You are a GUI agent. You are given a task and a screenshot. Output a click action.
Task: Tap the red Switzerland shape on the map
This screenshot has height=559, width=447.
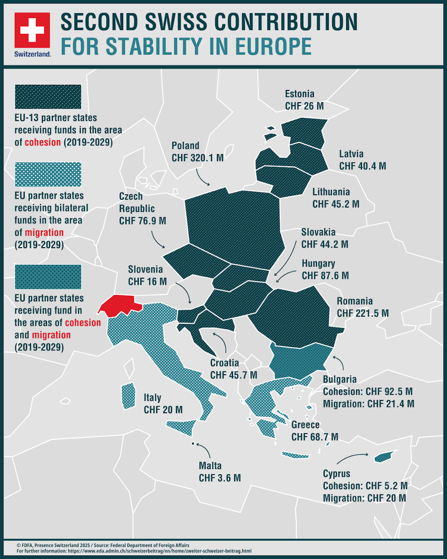[120, 304]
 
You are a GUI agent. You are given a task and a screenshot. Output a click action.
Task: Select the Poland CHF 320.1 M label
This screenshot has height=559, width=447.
[197, 152]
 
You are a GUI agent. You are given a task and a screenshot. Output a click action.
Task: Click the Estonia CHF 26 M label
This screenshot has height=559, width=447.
[304, 100]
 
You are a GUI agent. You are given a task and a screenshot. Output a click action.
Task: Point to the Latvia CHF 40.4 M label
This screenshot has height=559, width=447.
[362, 160]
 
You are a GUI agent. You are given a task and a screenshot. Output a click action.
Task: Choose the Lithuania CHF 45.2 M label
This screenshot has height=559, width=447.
[336, 198]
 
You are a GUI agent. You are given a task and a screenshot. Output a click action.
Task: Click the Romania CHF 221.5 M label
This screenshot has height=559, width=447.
[362, 307]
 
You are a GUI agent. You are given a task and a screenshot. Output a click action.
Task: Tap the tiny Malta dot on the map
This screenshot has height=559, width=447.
[193, 444]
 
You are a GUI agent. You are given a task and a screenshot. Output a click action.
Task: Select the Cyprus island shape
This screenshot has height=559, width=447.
[383, 457]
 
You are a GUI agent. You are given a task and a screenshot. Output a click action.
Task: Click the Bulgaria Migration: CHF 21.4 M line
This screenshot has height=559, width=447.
[368, 404]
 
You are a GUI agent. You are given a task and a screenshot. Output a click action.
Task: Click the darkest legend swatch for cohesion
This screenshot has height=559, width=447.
[48, 97]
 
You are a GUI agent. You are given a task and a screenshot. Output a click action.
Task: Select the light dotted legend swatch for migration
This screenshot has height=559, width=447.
[48, 174]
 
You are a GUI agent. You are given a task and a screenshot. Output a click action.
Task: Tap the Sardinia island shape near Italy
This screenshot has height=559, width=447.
[128, 396]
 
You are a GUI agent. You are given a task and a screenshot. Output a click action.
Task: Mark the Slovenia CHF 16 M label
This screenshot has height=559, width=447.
[147, 276]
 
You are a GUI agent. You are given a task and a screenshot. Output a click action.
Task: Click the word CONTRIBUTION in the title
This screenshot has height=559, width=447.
[286, 22]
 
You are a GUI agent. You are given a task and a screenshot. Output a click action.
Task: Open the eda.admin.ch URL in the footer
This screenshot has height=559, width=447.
[159, 551]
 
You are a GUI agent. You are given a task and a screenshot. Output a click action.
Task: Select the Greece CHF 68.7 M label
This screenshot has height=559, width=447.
[314, 431]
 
